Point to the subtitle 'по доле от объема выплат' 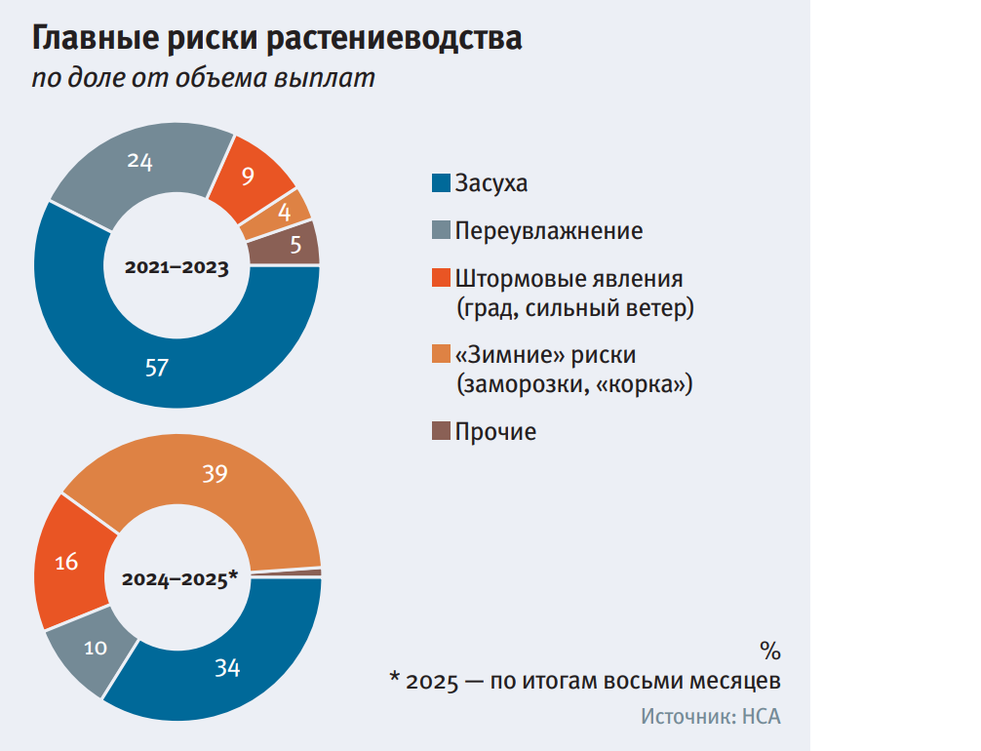click(x=204, y=79)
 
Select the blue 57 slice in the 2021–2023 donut click(x=156, y=366)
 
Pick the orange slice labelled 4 click(x=286, y=212)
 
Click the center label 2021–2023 click(x=177, y=266)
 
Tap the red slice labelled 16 click(x=67, y=562)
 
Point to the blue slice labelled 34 click(x=226, y=668)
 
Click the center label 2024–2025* click(x=179, y=578)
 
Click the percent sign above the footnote click(x=770, y=651)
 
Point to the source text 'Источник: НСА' click(x=711, y=717)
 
